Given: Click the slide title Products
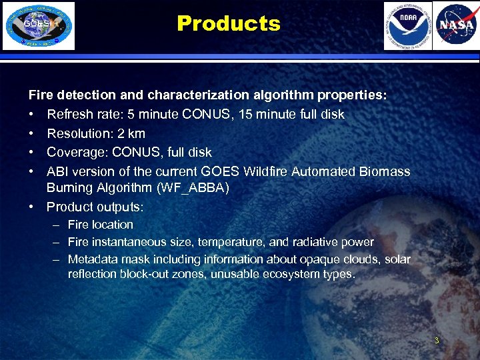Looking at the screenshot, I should point(229,24).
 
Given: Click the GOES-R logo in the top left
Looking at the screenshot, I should point(39,26).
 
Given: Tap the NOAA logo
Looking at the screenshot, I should point(407,26).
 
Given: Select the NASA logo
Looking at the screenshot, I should point(455,26).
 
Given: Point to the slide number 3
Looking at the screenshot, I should point(437,341).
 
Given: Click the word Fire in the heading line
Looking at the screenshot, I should point(39,95).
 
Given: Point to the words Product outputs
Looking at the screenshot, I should point(95,207).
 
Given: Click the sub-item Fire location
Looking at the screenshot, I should point(101,225).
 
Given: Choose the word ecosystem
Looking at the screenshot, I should point(290,274).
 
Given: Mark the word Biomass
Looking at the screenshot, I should point(385,171).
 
